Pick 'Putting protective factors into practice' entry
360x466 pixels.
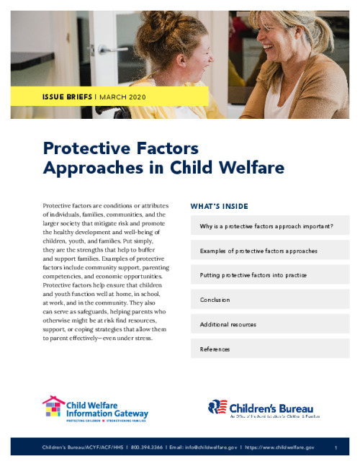click(x=253, y=275)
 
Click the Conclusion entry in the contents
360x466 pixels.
click(x=215, y=300)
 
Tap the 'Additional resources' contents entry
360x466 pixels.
click(x=228, y=324)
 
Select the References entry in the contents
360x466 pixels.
click(x=215, y=349)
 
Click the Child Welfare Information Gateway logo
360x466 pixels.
click(x=95, y=408)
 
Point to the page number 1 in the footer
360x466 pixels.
click(x=336, y=447)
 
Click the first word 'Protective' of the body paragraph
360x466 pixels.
click(x=59, y=205)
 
